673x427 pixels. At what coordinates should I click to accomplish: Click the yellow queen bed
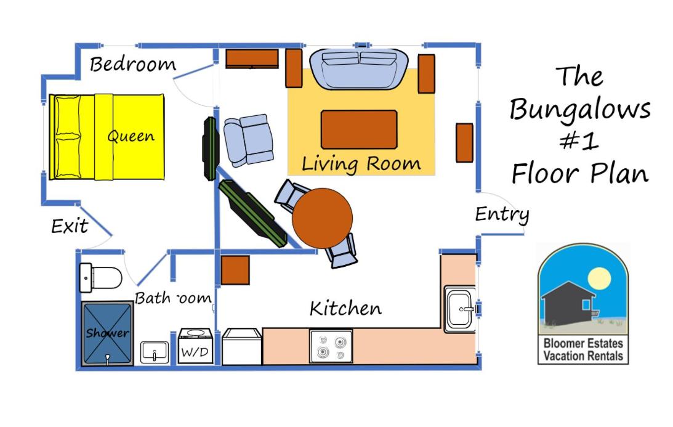[x=107, y=137]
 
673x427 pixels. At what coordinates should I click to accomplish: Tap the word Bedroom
[x=132, y=65]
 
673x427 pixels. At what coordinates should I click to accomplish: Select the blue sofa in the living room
[x=359, y=68]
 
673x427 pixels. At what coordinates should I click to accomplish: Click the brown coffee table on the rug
[x=359, y=129]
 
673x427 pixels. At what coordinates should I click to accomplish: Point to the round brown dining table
[x=322, y=218]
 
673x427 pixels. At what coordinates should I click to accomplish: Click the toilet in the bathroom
[x=101, y=278]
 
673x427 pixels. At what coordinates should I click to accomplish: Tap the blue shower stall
[x=107, y=333]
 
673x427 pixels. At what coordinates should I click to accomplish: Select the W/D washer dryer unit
[x=196, y=346]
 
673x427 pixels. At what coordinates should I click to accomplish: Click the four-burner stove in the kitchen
[x=331, y=346]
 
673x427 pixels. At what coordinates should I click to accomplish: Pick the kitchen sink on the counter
[x=460, y=309]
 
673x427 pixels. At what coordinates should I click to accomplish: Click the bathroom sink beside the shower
[x=155, y=352]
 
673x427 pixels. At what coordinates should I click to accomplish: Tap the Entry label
[x=502, y=214]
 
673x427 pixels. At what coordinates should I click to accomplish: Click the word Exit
[x=70, y=226]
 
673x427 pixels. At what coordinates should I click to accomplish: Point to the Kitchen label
[x=345, y=308]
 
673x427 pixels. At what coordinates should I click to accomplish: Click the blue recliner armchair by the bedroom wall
[x=249, y=140]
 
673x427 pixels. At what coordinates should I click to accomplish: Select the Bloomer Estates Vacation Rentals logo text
[x=583, y=349]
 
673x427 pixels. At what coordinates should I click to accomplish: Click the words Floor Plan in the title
[x=580, y=174]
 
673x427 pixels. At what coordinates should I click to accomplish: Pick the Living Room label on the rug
[x=361, y=164]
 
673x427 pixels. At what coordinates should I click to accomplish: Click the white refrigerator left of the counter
[x=241, y=347]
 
